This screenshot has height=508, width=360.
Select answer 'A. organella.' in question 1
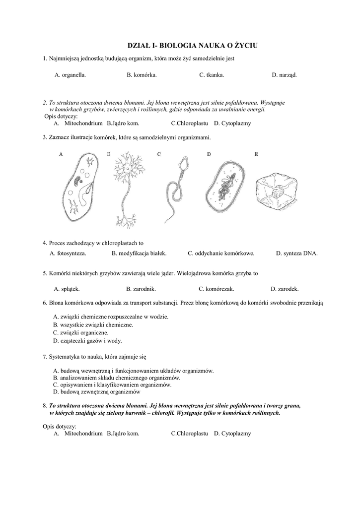(x=70, y=75)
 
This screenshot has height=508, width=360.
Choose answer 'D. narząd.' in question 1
(x=284, y=75)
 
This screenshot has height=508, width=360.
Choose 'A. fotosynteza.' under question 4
(x=68, y=253)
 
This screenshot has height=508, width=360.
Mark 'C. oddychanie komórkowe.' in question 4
(x=221, y=253)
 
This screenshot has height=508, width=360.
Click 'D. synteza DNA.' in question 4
(x=296, y=253)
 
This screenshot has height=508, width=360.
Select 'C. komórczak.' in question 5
(x=216, y=289)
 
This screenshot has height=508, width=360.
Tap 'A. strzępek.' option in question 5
(x=67, y=289)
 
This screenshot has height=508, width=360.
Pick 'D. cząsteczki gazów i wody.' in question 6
(x=87, y=341)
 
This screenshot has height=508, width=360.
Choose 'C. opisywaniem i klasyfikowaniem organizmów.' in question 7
(x=112, y=384)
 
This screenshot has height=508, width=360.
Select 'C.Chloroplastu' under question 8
(x=189, y=433)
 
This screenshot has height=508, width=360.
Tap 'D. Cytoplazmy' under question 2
(x=232, y=123)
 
